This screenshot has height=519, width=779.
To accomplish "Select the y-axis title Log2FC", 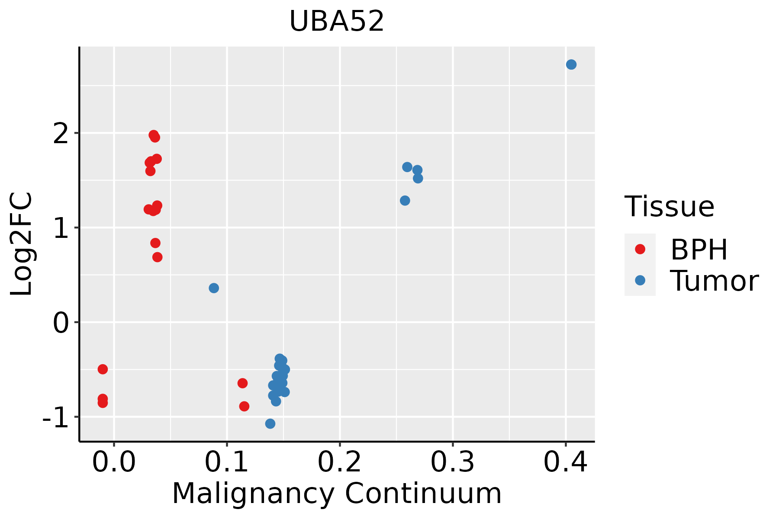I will pyautogui.click(x=22, y=244).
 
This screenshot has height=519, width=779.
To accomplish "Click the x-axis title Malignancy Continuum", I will pyautogui.click(x=337, y=494).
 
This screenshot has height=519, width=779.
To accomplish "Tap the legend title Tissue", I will pyautogui.click(x=669, y=207).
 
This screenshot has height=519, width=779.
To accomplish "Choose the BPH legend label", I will pyautogui.click(x=699, y=250).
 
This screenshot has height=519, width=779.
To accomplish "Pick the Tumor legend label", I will pyautogui.click(x=714, y=281).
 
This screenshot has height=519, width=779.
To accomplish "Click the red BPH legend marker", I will pyautogui.click(x=640, y=249).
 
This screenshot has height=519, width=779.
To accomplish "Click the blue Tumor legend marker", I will pyautogui.click(x=640, y=281).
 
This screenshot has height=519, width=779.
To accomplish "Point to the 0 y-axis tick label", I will pyautogui.click(x=61, y=323).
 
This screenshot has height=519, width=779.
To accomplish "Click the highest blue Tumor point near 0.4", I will pyautogui.click(x=571, y=64).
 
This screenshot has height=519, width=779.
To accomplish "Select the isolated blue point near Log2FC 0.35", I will pyautogui.click(x=214, y=288).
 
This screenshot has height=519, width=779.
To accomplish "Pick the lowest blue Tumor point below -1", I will pyautogui.click(x=270, y=423).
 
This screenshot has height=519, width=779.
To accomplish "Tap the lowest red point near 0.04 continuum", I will pyautogui.click(x=158, y=257).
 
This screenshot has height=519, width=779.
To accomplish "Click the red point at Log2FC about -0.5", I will pyautogui.click(x=103, y=369).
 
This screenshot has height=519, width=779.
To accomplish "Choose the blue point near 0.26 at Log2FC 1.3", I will pyautogui.click(x=405, y=201).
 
